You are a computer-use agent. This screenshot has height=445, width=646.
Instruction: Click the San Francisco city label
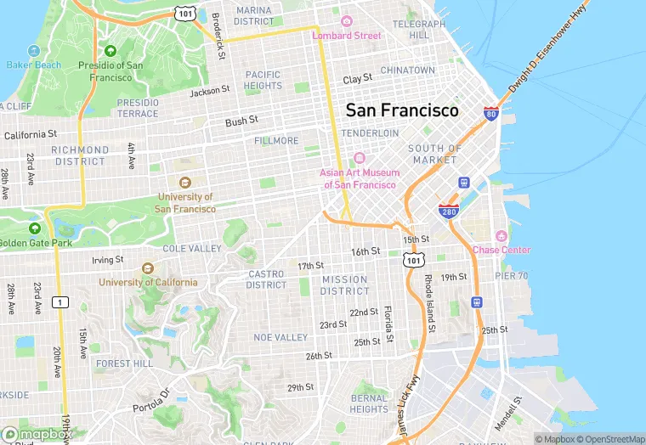click(401, 110)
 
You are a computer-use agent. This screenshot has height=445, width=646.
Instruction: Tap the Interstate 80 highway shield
click(490, 113)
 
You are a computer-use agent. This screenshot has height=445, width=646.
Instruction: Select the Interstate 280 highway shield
click(449, 211)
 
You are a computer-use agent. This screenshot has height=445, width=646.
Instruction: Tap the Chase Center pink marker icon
click(501, 235)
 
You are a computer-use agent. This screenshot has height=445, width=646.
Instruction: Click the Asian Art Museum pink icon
click(358, 158)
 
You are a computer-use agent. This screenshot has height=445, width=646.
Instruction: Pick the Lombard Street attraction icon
click(346, 21)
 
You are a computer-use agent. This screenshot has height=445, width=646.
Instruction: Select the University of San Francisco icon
click(185, 182)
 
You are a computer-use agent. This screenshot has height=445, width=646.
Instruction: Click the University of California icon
click(148, 268)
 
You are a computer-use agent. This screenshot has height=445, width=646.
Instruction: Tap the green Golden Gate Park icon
click(35, 228)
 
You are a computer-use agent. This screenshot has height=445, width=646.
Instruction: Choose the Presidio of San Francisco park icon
click(110, 51)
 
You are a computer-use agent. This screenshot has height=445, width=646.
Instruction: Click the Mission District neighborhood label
click(344, 285)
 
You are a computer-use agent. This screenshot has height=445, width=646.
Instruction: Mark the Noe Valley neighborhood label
click(280, 337)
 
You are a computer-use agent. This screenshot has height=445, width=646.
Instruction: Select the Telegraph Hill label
click(418, 30)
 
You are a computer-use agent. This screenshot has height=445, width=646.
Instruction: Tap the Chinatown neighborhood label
click(407, 70)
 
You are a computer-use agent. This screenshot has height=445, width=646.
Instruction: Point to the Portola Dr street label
click(151, 401)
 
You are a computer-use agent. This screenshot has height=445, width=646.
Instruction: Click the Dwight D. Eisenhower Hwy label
click(549, 48)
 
